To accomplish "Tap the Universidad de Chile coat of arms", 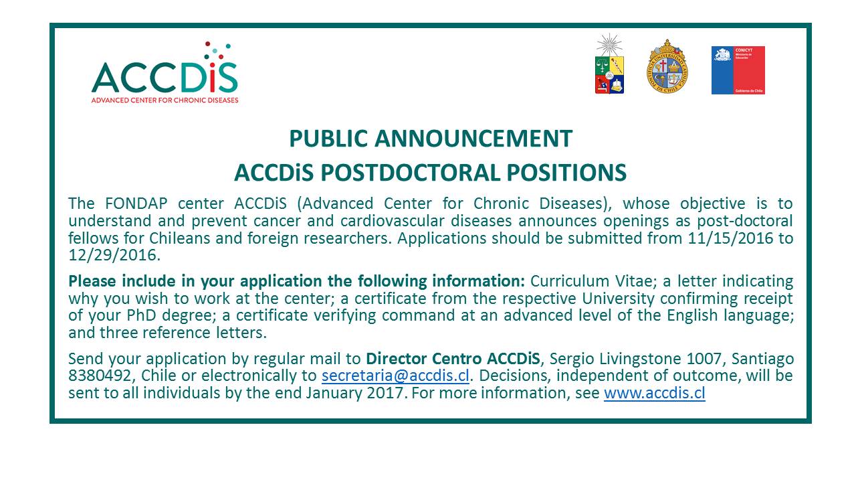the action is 609,64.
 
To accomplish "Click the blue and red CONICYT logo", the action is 738,70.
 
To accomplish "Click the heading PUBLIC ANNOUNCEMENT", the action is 431,139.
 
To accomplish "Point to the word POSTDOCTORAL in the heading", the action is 411,173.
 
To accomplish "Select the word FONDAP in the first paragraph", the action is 136,204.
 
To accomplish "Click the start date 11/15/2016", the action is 731,238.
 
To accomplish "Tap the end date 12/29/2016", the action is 113,255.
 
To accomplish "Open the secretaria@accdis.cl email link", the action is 395,376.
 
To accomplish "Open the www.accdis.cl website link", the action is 655,393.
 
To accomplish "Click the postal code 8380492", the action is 100,376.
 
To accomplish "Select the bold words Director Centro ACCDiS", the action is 453,359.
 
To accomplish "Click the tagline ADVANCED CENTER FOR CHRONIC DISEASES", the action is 165,100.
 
